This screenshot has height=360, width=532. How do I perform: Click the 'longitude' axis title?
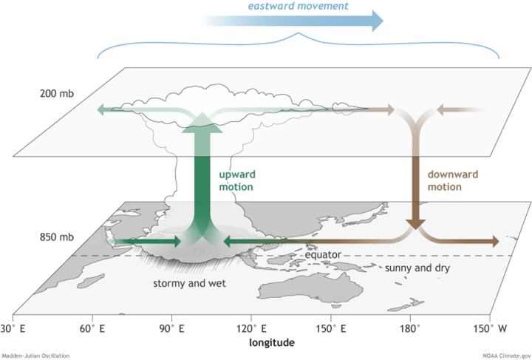[271, 342]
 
